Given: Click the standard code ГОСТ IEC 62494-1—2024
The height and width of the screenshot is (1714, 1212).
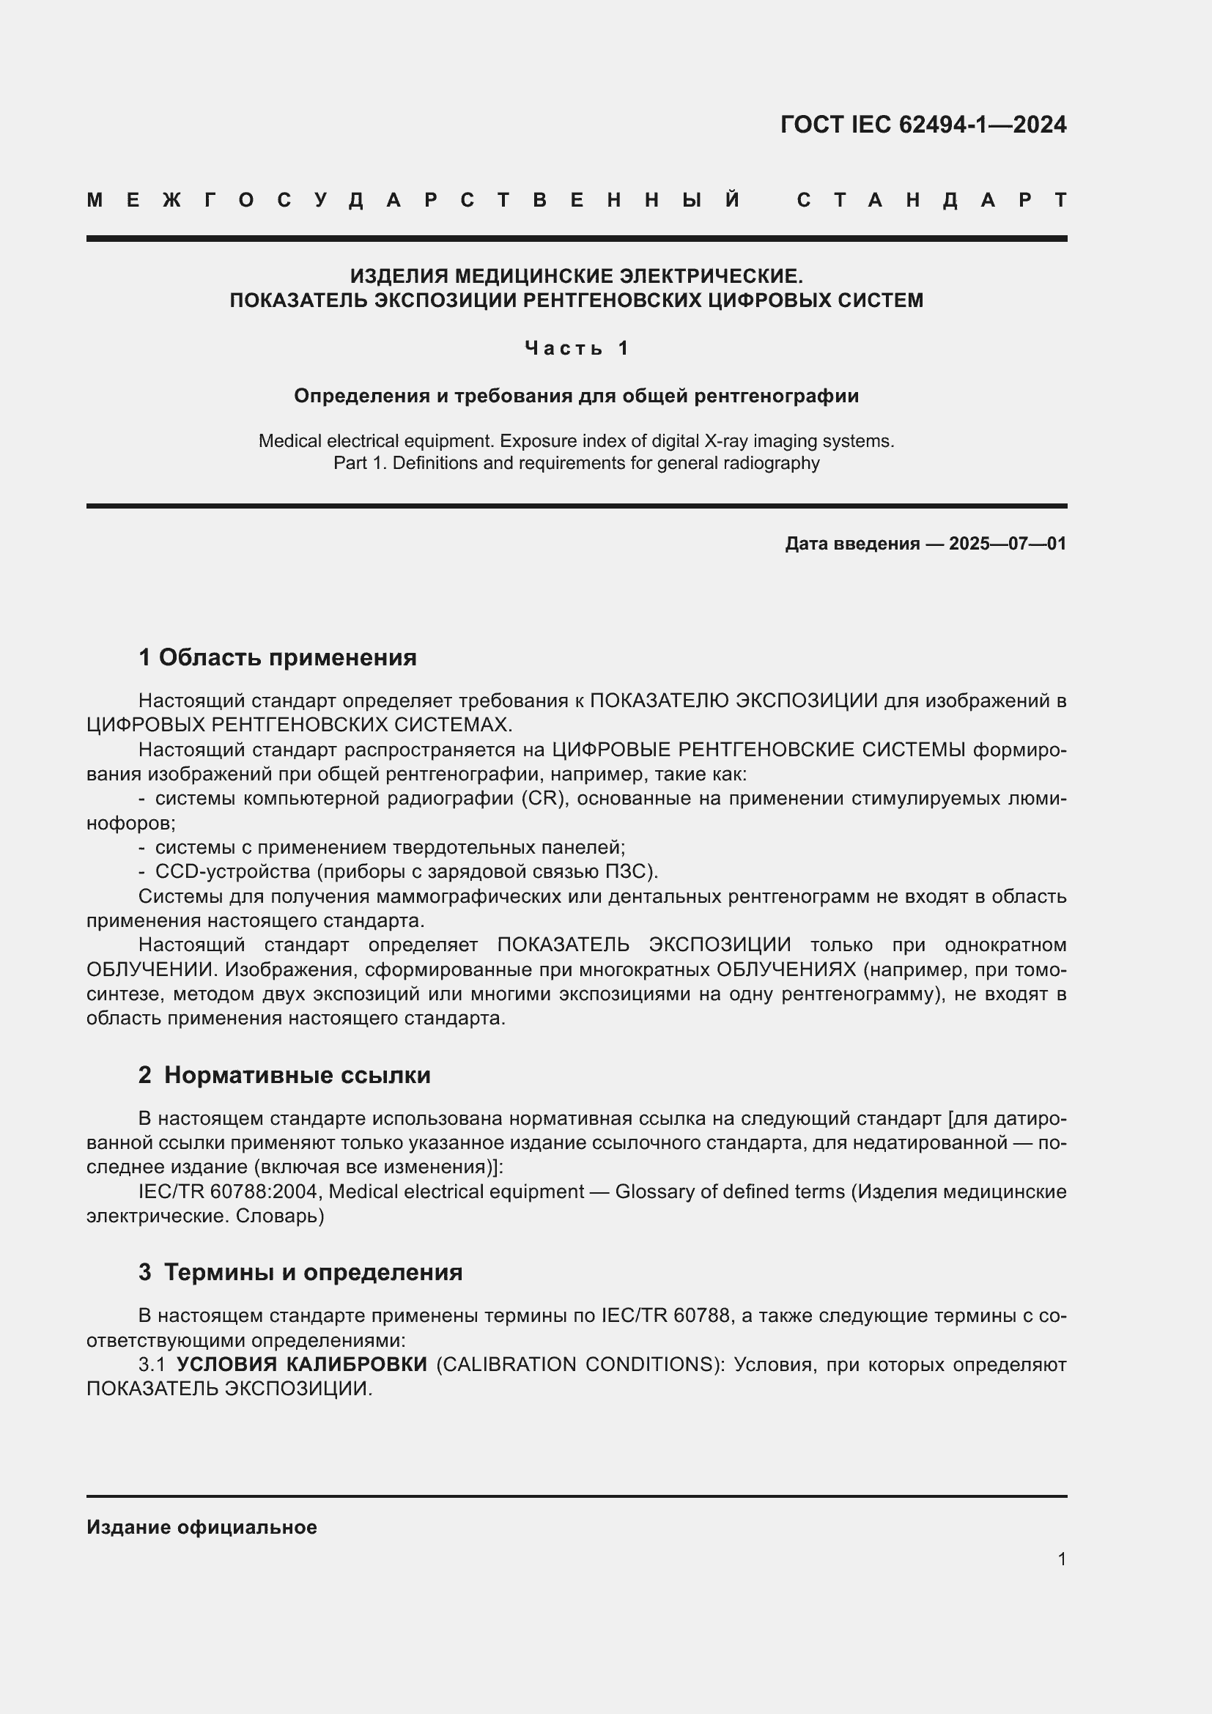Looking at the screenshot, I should tap(923, 125).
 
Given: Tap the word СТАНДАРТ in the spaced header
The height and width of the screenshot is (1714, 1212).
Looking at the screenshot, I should tap(931, 200).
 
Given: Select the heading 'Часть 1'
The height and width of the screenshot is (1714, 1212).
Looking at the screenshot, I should tap(577, 348).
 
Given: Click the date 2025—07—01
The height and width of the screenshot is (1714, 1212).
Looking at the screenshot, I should tap(1008, 544).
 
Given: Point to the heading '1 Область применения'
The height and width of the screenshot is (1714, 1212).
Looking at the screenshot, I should tap(278, 657).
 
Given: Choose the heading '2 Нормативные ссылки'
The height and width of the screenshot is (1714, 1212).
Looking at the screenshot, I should tap(284, 1075).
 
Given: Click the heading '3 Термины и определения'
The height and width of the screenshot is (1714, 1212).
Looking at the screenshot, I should tap(300, 1272).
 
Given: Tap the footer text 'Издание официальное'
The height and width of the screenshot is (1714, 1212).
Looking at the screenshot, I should tap(202, 1527).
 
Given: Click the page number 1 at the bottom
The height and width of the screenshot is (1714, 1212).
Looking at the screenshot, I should tap(1062, 1559).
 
